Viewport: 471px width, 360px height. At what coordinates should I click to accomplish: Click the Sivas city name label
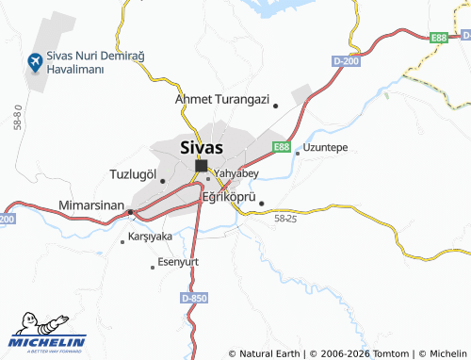pyautogui.click(x=201, y=147)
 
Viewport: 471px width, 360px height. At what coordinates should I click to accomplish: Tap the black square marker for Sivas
pyautogui.click(x=201, y=166)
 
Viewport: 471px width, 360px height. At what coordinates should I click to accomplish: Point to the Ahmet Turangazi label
pyautogui.click(x=222, y=98)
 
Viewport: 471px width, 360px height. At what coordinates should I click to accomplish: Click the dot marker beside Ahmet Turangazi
pyautogui.click(x=275, y=106)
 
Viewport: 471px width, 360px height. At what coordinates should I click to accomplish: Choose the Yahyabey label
pyautogui.click(x=236, y=173)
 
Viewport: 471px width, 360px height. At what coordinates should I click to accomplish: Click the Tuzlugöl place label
pyautogui.click(x=133, y=174)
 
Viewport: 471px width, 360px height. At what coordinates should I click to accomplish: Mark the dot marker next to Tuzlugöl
pyautogui.click(x=162, y=180)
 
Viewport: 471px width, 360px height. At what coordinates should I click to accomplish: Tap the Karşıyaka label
pyautogui.click(x=150, y=236)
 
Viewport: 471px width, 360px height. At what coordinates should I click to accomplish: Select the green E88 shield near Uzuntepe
pyautogui.click(x=281, y=147)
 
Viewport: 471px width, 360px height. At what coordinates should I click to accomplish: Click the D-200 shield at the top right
pyautogui.click(x=346, y=61)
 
